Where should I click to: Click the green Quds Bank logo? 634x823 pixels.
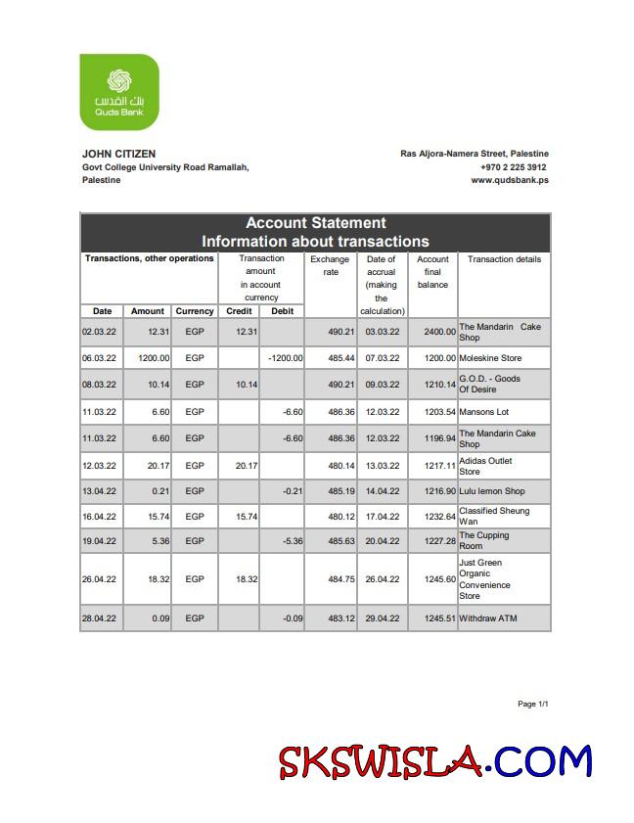click(x=119, y=92)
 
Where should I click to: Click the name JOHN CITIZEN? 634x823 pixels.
click(x=118, y=154)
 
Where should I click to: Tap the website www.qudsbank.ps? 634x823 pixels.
click(x=509, y=180)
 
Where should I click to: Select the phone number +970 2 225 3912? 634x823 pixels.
click(x=514, y=167)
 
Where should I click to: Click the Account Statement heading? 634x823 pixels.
click(x=315, y=223)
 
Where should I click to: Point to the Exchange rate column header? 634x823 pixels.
click(x=330, y=265)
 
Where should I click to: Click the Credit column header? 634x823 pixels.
click(x=239, y=311)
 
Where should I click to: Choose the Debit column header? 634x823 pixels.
click(x=282, y=311)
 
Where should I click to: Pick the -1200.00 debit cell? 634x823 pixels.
click(x=285, y=358)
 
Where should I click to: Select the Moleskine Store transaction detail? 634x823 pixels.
click(x=490, y=358)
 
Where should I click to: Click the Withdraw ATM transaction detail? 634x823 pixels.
click(x=488, y=618)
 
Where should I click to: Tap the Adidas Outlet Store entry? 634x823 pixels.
click(x=485, y=466)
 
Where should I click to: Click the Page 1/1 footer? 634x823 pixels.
click(x=532, y=704)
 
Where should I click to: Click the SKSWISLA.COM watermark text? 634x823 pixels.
click(x=434, y=761)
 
